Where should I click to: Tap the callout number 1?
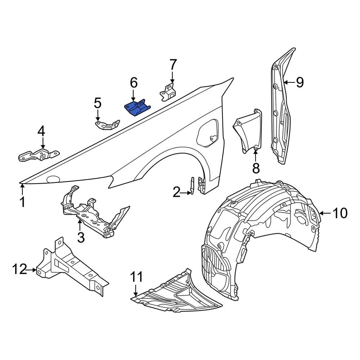[x=22, y=202]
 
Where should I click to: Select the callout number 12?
[x=20, y=269]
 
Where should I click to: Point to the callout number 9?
[x=300, y=82]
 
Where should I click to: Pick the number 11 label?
[x=136, y=277]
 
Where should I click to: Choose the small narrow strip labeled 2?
[x=192, y=185]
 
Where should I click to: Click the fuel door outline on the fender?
[x=208, y=133]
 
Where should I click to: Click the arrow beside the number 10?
[x=324, y=213]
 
